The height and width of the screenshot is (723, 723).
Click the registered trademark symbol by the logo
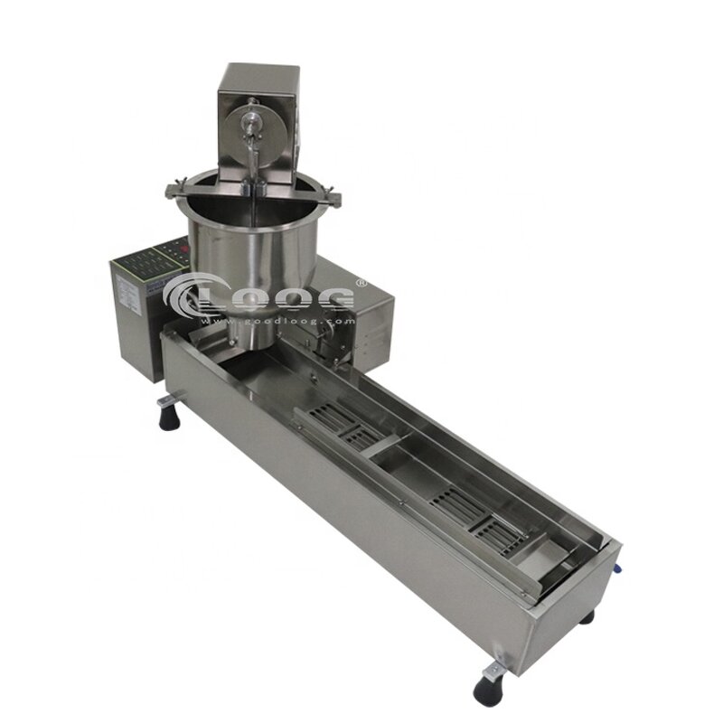coord(361,283)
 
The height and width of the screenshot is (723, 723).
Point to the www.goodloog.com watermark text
coord(271,317)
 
